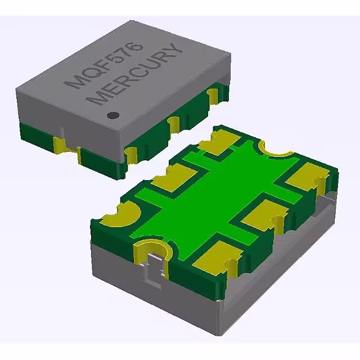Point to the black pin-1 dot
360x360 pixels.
click(x=113, y=115)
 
